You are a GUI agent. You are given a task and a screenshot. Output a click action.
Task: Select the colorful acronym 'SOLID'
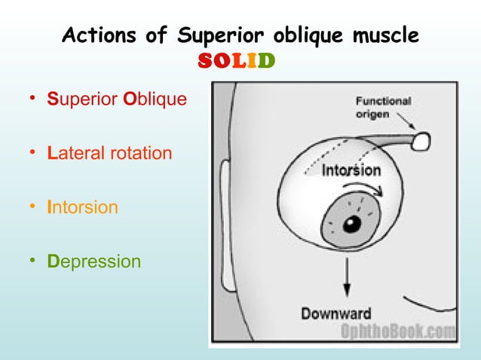[236, 59]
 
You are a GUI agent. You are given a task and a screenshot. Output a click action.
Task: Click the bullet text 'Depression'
[93, 261]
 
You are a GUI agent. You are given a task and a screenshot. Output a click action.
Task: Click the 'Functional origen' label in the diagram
[382, 107]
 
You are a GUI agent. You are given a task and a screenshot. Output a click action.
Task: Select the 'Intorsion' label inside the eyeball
[351, 170]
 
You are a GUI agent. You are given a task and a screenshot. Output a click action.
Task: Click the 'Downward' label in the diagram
[336, 313]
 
